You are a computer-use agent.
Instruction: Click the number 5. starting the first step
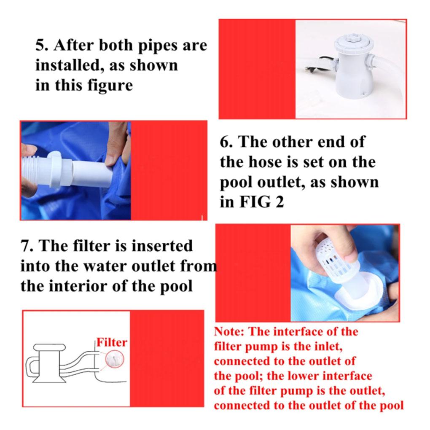coord(41,45)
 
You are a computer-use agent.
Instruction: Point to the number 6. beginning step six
coord(227,142)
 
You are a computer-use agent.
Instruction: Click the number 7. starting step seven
coord(27,246)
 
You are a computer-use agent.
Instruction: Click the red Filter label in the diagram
coord(112,342)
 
